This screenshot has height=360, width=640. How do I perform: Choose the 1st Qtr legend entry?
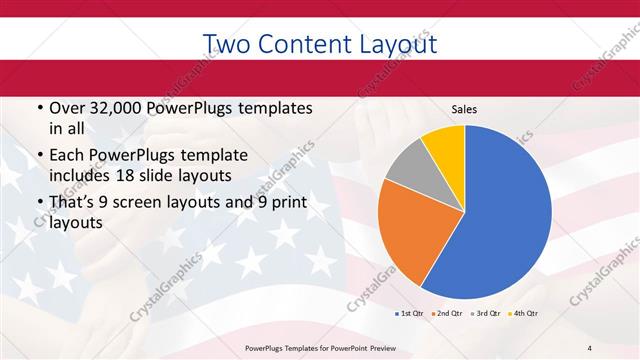407,313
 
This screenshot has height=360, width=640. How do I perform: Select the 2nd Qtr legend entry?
446,313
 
